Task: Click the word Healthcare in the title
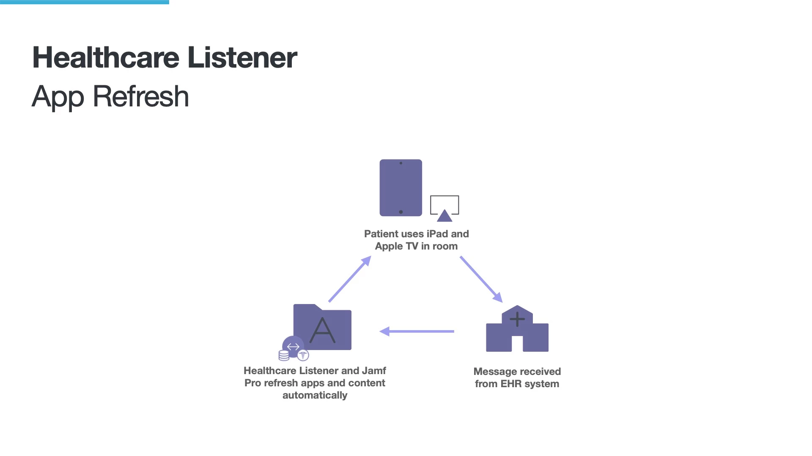point(106,57)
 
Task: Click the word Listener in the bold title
point(242,57)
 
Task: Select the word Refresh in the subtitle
point(140,96)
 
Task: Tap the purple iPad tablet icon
point(401,187)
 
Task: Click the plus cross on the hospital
point(517,319)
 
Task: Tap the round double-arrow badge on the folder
point(293,347)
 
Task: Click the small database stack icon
point(284,356)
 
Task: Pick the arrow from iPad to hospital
point(481,279)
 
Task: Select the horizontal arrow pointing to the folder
point(417,331)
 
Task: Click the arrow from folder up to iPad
point(350,279)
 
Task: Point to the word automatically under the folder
point(315,395)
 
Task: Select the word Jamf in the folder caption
point(374,371)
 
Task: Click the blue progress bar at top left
point(85,2)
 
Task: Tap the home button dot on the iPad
point(401,212)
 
